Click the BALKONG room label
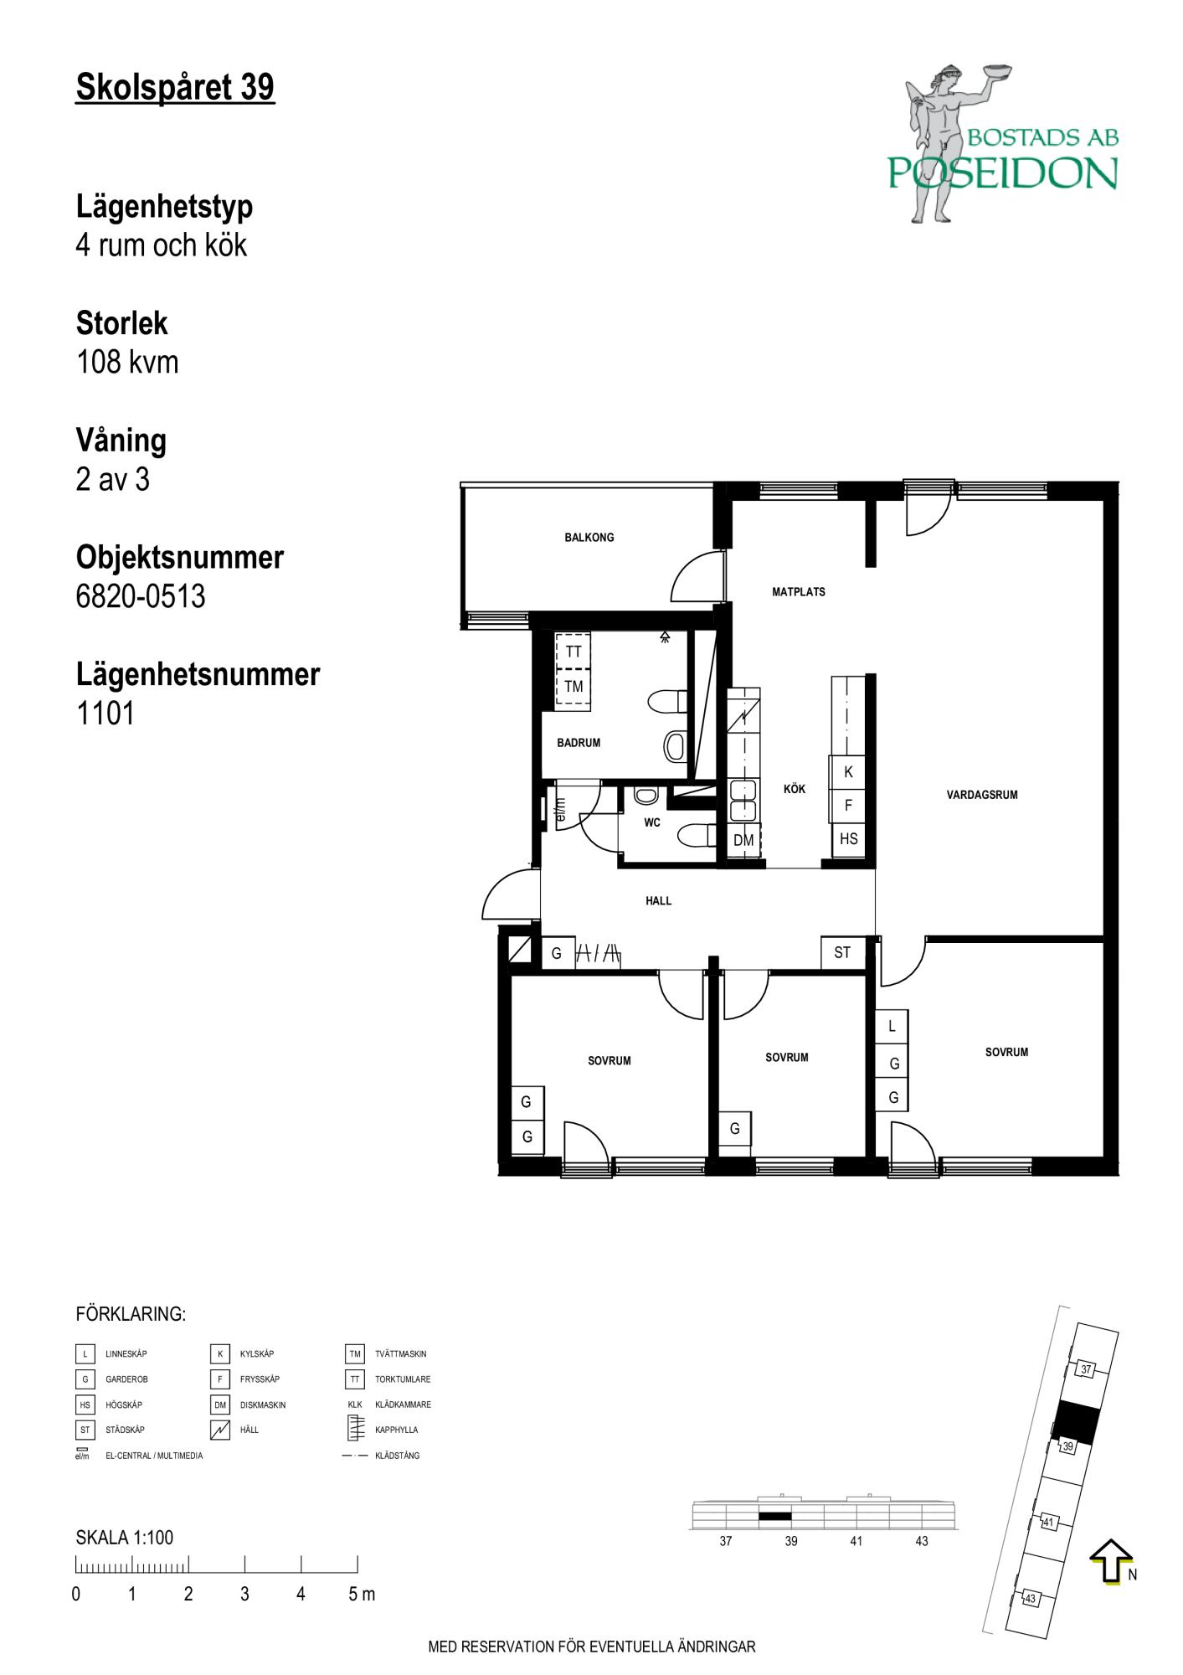[589, 538]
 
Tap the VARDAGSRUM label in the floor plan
[982, 795]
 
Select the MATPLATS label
[799, 592]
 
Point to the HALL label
[659, 901]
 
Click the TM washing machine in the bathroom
[573, 687]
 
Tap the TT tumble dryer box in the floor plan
[573, 652]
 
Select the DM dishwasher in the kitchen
[743, 840]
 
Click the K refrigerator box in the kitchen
[848, 772]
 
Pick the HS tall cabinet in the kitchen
[848, 839]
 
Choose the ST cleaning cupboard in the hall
[842, 952]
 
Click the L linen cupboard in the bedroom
[892, 1026]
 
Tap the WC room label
[652, 823]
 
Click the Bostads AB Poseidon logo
[1003, 142]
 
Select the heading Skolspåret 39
[175, 87]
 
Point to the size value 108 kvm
[127, 362]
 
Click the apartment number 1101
[105, 714]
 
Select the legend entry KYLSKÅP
[257, 1354]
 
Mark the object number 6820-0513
[141, 596]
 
